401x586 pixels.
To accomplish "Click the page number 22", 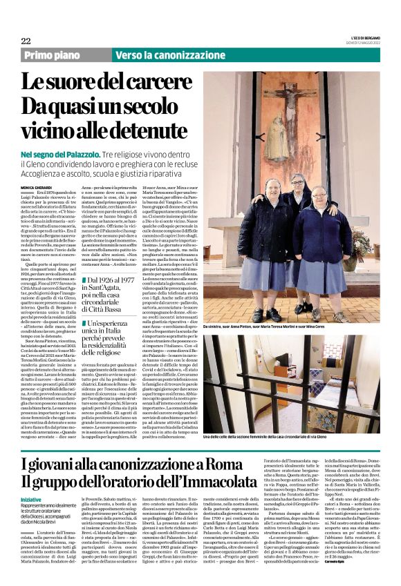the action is click(26, 41).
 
